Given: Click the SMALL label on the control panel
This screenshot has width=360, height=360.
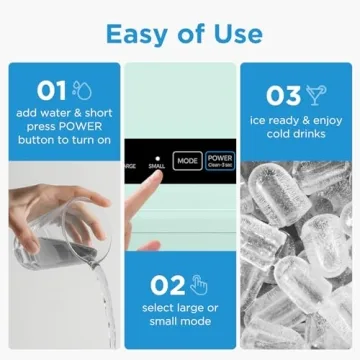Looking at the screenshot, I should (x=156, y=166).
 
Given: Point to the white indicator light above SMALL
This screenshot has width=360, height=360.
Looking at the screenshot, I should (x=156, y=156).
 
